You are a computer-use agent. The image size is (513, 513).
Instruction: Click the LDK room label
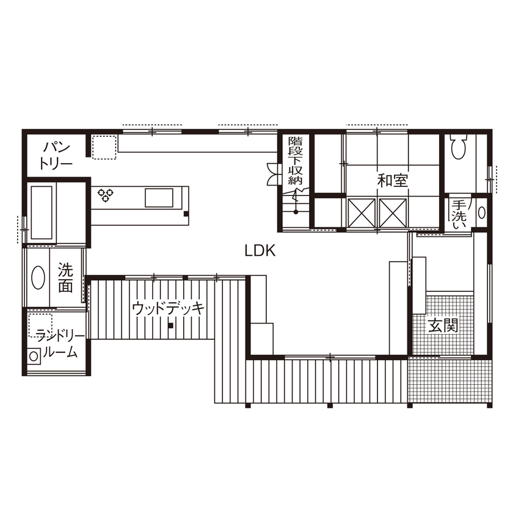(261, 250)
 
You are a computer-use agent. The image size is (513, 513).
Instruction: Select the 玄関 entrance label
(443, 326)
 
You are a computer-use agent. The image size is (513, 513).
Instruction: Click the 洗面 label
(66, 277)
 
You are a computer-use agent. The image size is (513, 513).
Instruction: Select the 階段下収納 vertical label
(296, 160)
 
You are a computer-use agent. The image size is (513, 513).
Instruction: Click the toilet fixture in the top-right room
(458, 147)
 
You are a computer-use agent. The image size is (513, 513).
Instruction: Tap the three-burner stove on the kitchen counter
(106, 195)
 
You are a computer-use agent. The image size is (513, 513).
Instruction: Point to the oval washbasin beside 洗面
(38, 279)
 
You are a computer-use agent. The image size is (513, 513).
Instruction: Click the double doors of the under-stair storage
(272, 174)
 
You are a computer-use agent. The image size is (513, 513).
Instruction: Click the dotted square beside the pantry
(104, 147)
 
